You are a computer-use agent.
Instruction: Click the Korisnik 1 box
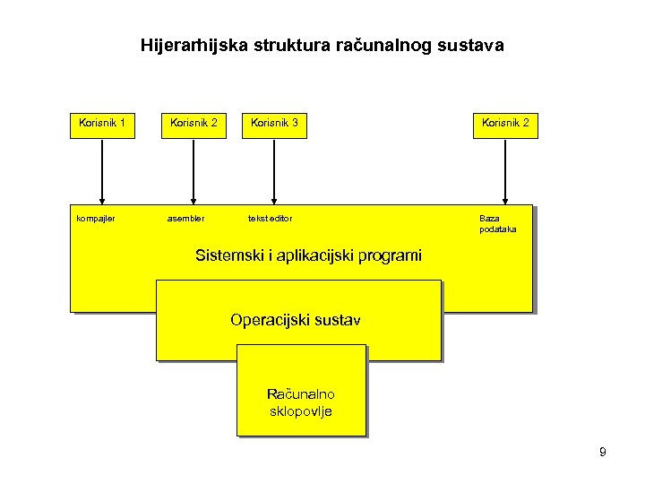[x=102, y=124]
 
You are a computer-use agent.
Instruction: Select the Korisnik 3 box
[x=275, y=124]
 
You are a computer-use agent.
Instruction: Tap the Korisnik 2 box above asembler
[x=193, y=124]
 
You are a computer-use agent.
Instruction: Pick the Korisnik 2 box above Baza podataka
[x=505, y=124]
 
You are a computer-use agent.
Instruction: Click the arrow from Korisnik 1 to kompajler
[x=102, y=170]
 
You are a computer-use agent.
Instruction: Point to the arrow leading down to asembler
[x=193, y=170]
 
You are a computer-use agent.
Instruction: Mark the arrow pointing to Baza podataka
[x=505, y=170]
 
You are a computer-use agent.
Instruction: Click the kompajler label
[x=96, y=218]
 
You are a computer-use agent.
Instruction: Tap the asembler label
[x=185, y=218]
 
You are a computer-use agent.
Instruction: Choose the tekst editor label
[x=270, y=218]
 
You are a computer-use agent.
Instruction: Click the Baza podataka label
[x=497, y=223]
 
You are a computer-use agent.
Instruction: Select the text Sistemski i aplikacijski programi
[x=308, y=255]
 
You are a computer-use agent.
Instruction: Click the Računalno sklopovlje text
[x=301, y=402]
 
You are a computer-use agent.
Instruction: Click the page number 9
[x=602, y=453]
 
